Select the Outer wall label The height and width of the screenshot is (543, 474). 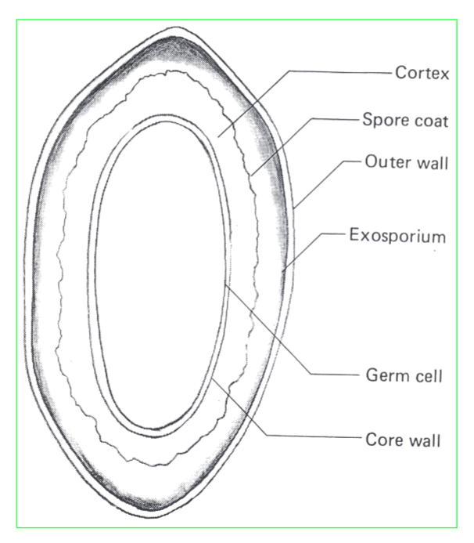coord(404,164)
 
